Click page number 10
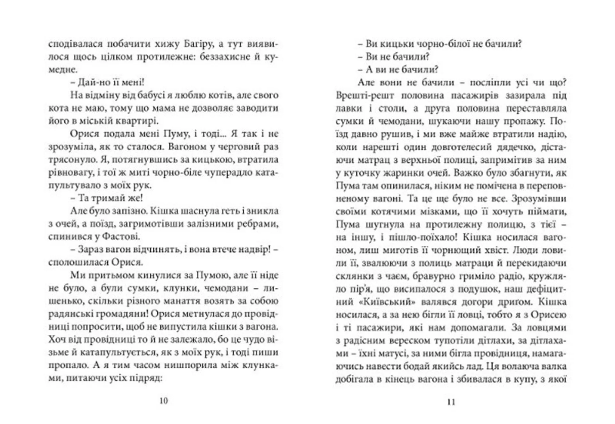coord(163,401)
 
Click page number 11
coord(451,402)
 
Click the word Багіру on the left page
coord(199,44)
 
